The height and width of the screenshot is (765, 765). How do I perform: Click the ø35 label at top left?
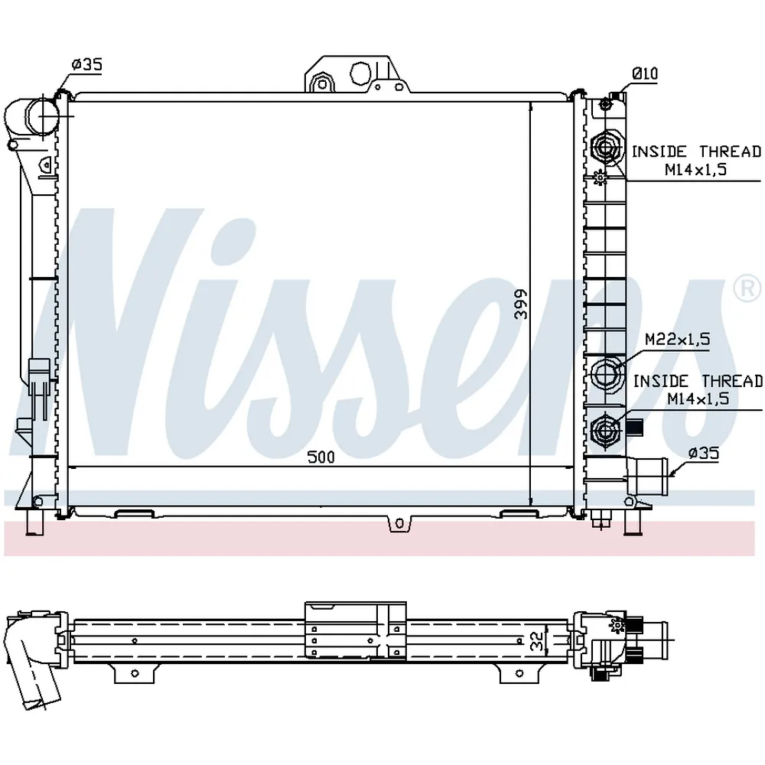point(87,64)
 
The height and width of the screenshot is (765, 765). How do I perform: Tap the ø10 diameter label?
point(645,73)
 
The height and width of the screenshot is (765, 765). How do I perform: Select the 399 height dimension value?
point(522,304)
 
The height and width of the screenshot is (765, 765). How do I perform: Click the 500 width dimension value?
point(321,457)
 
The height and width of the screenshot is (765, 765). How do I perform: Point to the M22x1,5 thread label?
point(677,339)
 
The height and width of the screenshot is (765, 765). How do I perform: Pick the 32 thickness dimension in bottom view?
point(537,640)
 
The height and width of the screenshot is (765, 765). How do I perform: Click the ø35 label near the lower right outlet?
point(704,453)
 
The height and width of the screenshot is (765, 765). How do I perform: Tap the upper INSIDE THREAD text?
point(696,151)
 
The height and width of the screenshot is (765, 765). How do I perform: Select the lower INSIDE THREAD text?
point(698,381)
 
